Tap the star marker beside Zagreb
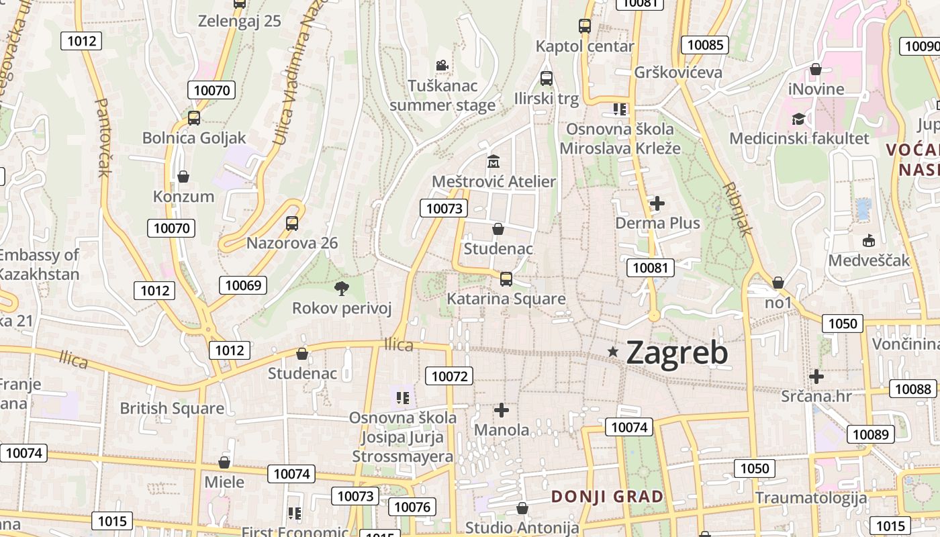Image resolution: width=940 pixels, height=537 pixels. coord(612,351)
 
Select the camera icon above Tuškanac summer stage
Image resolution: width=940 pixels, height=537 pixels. coord(442,66)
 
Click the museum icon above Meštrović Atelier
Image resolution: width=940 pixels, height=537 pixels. coord(493,162)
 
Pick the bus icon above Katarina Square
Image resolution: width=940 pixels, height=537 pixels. coord(506,279)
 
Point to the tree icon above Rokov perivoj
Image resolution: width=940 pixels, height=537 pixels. coord(342,289)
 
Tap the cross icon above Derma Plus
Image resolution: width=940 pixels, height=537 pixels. coord(657,203)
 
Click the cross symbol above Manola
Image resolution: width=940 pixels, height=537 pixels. coord(502,409)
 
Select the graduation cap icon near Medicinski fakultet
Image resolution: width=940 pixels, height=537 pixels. coord(798,119)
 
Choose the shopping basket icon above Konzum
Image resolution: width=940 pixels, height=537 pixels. coord(183,177)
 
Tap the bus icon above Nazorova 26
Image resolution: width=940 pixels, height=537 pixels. coord(292,223)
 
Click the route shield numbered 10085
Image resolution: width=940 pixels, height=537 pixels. coord(705,45)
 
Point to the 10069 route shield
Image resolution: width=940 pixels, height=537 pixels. coord(243,285)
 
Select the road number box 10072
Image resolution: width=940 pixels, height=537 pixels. coord(449,376)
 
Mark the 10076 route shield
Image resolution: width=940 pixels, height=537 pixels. coord(412,507)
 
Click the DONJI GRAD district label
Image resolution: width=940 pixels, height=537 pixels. coord(607,497)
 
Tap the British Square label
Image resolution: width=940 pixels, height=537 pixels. coord(172,408)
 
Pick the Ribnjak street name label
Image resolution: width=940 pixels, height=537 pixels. coord(738,209)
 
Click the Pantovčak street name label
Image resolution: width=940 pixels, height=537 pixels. coord(103,138)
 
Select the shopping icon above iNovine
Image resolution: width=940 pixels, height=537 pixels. coord(816,69)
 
